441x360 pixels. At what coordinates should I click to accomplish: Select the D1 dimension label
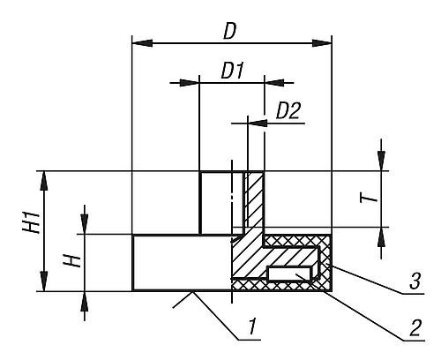coord(232,71)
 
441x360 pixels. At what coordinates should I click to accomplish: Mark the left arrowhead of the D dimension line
coord(138,42)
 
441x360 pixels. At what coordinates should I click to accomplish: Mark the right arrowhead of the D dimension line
coord(325,42)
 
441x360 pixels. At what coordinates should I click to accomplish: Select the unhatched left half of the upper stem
coord(216,202)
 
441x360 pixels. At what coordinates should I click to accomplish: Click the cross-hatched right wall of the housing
coord(325,265)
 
